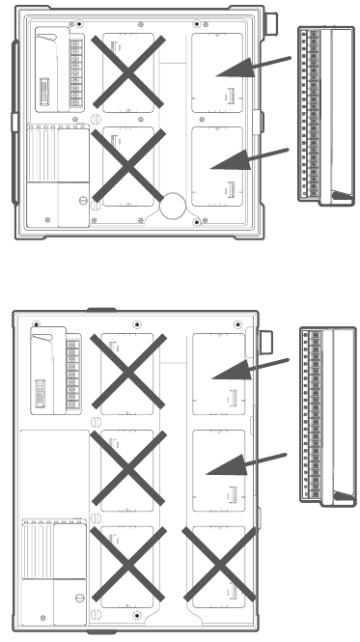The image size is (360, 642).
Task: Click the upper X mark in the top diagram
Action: (x=130, y=70)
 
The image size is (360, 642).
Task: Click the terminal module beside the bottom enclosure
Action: (x=321, y=416)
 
